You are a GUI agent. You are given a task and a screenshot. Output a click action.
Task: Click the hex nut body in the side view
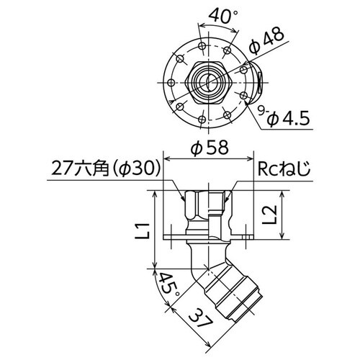coord(209,203)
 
